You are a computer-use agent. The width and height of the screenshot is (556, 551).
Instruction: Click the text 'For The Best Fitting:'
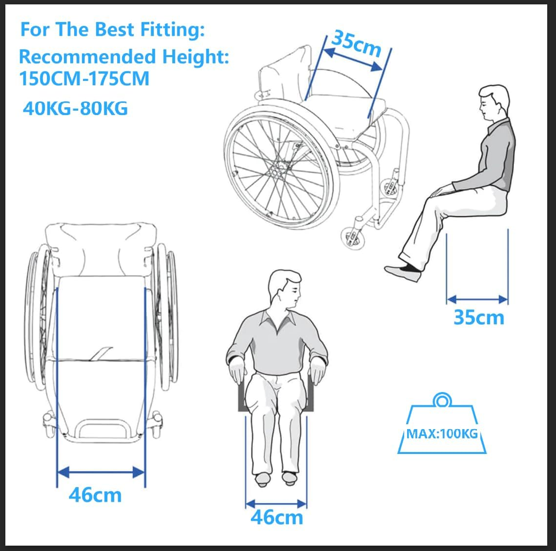(112, 30)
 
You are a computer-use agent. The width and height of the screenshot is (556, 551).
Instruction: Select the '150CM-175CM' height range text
(84, 79)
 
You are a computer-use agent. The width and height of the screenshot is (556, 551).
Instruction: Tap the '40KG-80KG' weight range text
(75, 108)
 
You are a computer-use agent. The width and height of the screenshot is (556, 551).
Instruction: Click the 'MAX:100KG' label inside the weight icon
(442, 433)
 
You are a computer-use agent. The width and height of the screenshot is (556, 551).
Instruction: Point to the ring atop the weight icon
(442, 401)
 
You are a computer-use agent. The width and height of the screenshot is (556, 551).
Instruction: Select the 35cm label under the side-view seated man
(478, 317)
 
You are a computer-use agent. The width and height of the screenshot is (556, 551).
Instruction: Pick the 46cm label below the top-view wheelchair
(95, 495)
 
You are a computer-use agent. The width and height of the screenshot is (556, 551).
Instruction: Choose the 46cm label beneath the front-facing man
(277, 517)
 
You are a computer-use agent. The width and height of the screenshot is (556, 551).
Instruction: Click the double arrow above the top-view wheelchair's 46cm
(101, 472)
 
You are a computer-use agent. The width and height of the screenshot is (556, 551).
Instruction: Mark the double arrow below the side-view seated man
(477, 299)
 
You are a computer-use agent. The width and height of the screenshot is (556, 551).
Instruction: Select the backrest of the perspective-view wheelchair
(285, 76)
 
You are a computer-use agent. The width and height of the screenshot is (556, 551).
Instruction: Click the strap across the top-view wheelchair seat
(101, 354)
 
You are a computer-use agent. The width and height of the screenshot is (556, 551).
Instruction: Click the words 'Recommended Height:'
(124, 57)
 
